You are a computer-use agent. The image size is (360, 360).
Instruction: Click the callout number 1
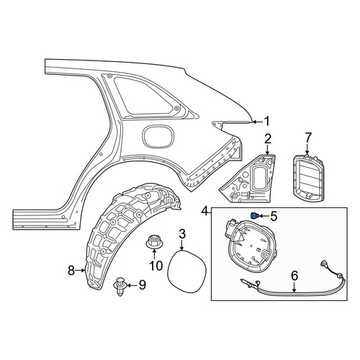(266, 122)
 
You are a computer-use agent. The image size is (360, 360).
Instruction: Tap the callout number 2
(268, 139)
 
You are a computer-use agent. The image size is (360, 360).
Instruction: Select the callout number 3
(182, 234)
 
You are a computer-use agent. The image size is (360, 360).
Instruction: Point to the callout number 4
(204, 212)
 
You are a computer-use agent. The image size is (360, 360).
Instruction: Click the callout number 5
(274, 216)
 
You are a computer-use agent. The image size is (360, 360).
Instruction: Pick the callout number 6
(294, 276)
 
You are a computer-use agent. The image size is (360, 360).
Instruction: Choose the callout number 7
(308, 138)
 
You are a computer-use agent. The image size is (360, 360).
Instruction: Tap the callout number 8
(71, 271)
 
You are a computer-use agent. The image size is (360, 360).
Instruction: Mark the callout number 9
(143, 285)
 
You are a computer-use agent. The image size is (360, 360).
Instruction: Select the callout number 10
(156, 266)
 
